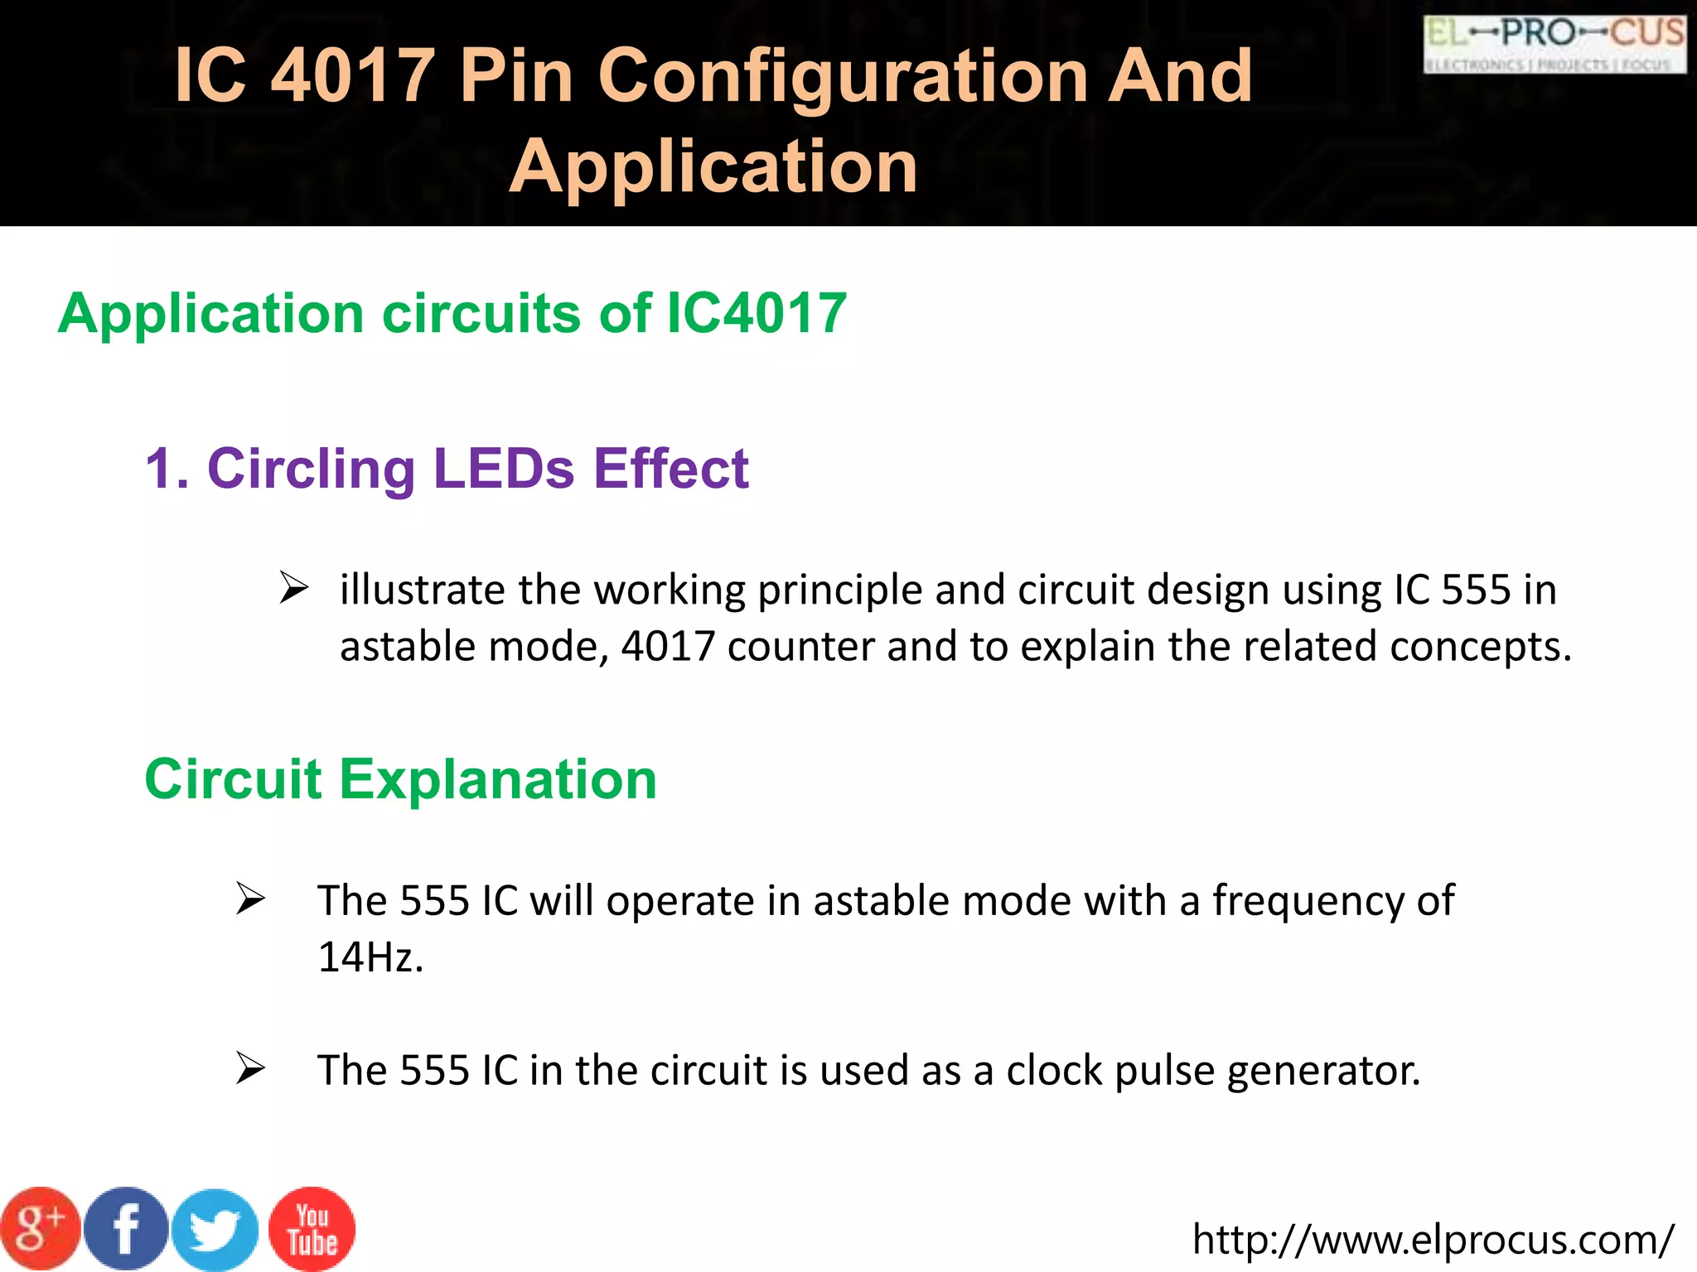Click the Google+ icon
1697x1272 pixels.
tap(40, 1229)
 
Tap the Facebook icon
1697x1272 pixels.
tap(127, 1229)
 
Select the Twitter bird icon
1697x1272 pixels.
tap(215, 1231)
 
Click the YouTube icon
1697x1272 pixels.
tap(312, 1229)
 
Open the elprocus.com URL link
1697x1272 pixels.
tap(1433, 1240)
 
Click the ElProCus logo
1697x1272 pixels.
tap(1554, 45)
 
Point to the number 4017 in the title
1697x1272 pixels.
tap(354, 75)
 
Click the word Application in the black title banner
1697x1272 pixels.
tap(713, 166)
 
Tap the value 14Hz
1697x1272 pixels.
tap(370, 957)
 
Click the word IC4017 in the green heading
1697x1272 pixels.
tap(757, 314)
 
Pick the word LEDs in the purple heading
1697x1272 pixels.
tap(504, 469)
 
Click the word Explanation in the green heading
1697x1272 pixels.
tap(498, 779)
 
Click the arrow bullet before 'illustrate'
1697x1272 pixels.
tap(293, 588)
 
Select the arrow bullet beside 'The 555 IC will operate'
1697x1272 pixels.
tap(249, 899)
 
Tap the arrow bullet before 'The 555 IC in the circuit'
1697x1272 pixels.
tap(249, 1068)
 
